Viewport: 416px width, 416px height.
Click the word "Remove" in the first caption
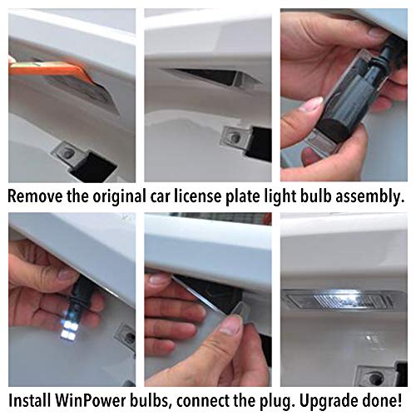pos(35,196)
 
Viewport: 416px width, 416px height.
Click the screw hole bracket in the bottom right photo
pos(378,375)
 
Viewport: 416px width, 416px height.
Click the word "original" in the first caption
pos(119,196)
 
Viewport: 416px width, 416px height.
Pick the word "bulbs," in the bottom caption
pos(149,401)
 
